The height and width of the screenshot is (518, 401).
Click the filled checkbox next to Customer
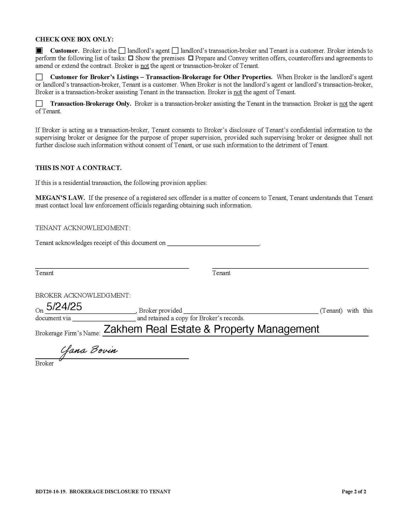click(x=39, y=50)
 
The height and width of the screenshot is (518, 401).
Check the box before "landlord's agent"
click(x=122, y=50)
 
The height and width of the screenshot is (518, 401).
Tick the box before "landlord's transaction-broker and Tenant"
click(x=175, y=50)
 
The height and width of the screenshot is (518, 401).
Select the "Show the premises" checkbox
click(x=131, y=58)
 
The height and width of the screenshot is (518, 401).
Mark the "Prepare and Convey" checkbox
click(x=191, y=58)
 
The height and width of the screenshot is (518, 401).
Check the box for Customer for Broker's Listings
click(x=39, y=77)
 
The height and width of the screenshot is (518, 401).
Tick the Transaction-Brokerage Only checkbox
click(x=39, y=104)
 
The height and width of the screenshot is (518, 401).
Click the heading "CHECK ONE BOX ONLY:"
click(x=74, y=39)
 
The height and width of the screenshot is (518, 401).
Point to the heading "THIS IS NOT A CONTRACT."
click(x=78, y=168)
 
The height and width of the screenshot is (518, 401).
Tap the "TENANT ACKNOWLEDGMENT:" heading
click(x=83, y=228)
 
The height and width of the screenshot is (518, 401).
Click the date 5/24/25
click(x=64, y=307)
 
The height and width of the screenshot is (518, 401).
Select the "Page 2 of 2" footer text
click(x=354, y=492)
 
